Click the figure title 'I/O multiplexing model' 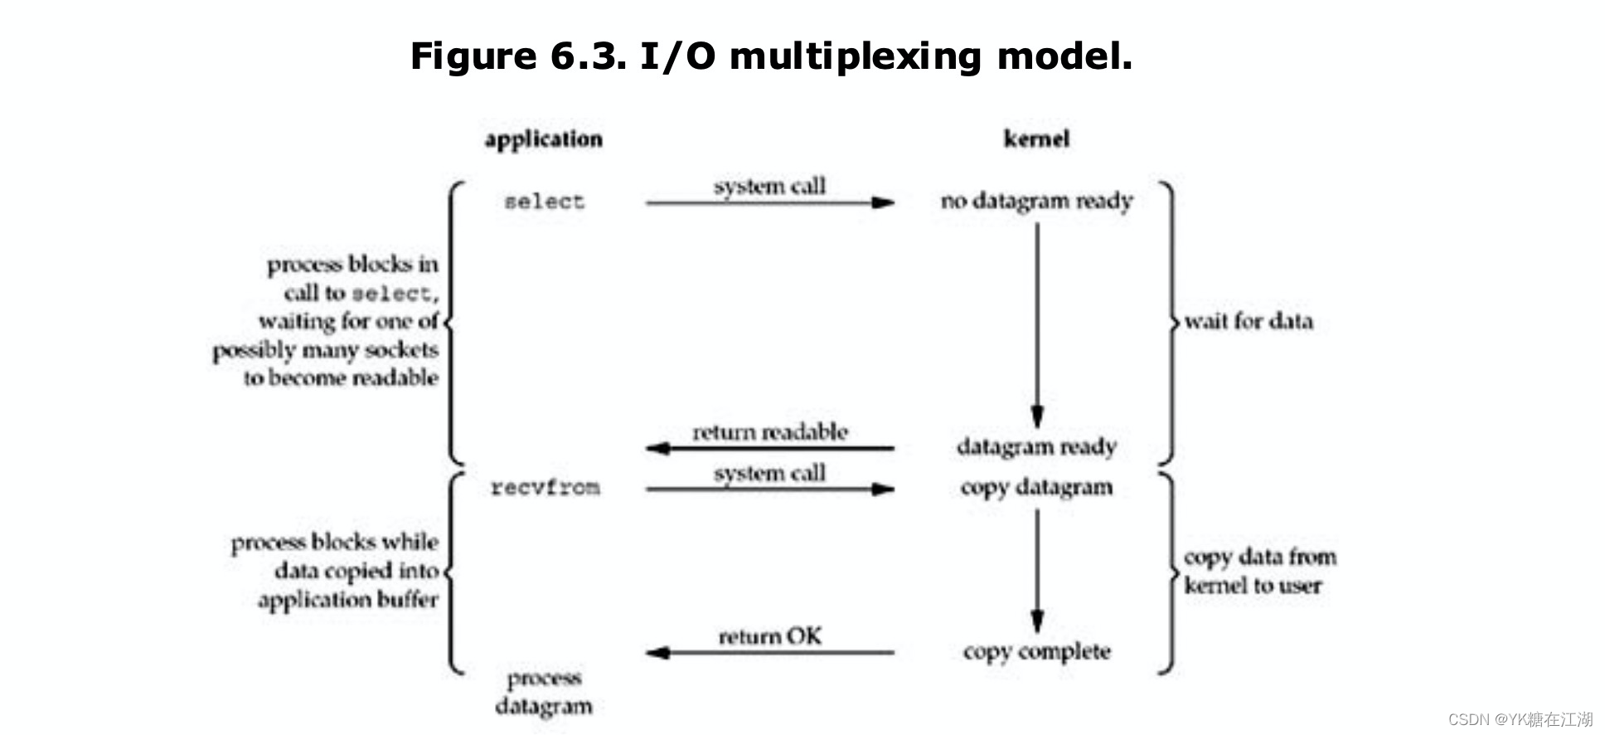771,56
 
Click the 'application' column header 544,139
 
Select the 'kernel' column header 1036,139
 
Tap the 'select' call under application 545,202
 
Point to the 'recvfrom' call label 545,487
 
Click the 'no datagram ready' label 1036,202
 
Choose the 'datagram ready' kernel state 1036,447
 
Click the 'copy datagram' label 1036,487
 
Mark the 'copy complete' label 1036,652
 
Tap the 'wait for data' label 1249,321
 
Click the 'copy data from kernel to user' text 1258,571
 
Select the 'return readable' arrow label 770,432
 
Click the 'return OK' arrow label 770,636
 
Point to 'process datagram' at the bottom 544,692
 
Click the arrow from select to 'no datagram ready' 770,202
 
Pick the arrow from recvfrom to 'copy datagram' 770,489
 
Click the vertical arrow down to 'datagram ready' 1037,324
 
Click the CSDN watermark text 1520,718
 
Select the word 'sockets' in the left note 401,350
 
